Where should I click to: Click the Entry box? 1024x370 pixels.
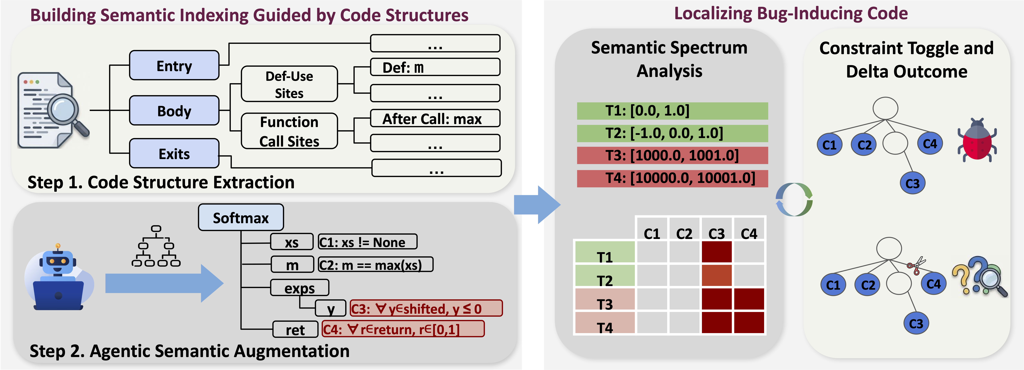click(x=174, y=66)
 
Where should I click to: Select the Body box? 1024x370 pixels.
click(x=174, y=110)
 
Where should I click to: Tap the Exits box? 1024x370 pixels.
click(x=174, y=153)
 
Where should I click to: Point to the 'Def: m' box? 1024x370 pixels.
click(x=435, y=67)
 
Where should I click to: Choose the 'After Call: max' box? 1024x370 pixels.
click(x=435, y=118)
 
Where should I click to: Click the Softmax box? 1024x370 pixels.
click(x=241, y=218)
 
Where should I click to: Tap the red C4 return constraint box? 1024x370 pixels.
click(x=403, y=329)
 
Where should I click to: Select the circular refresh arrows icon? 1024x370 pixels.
click(x=794, y=199)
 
